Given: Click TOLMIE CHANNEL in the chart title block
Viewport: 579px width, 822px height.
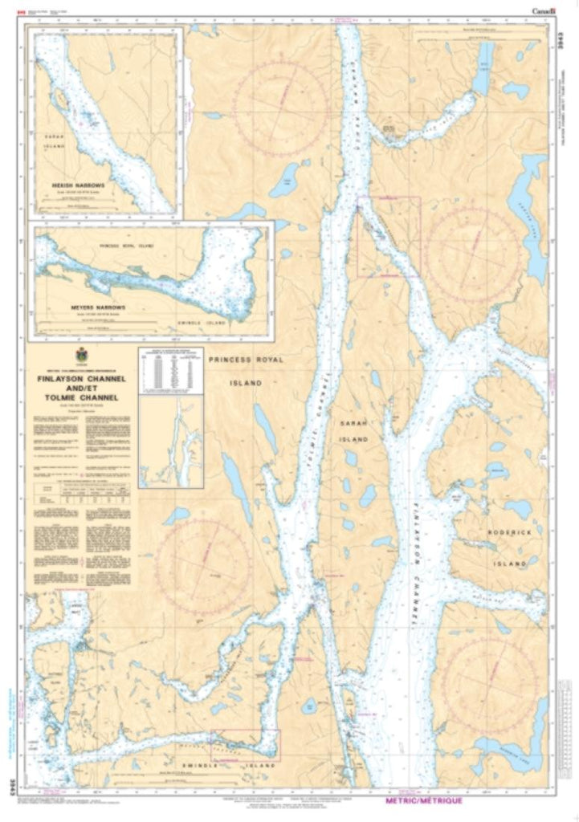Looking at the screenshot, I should pyautogui.click(x=78, y=397).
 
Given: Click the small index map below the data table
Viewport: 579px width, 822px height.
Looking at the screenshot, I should pyautogui.click(x=170, y=441).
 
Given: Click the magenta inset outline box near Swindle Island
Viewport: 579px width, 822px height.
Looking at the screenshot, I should pyautogui.click(x=246, y=744).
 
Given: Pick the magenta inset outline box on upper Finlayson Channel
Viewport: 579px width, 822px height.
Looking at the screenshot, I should pyautogui.click(x=389, y=237).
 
